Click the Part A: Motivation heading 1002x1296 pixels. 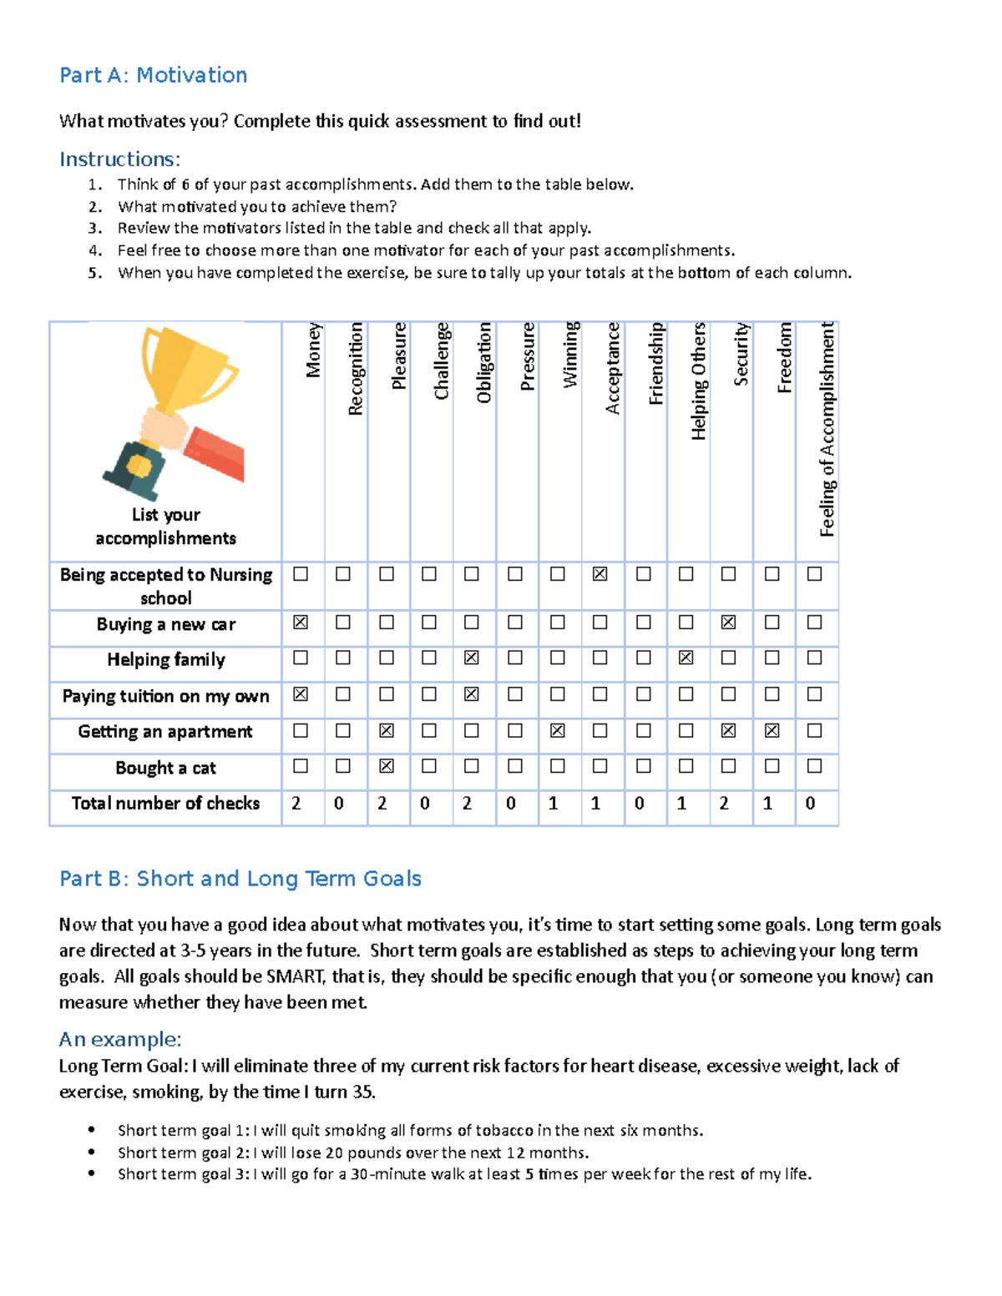153,75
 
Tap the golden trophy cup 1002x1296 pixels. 187,367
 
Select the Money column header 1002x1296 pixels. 313,350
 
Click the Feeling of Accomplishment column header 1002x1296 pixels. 827,429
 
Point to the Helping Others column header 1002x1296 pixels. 698,381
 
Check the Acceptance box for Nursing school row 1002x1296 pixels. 600,574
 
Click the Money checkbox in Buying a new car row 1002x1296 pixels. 301,623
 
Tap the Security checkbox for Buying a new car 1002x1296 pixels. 728,623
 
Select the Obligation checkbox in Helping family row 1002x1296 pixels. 472,658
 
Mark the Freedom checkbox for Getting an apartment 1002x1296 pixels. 772,730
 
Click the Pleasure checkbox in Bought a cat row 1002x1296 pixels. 387,766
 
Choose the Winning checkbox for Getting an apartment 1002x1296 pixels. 558,730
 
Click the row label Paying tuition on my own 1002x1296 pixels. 165,696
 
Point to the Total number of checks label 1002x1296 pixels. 165,804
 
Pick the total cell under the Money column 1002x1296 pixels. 296,804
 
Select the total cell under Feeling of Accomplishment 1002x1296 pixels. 811,804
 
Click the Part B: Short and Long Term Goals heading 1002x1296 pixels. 240,879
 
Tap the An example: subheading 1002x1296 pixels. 120,1040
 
